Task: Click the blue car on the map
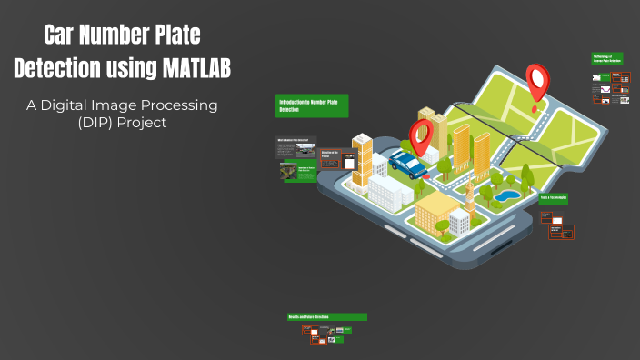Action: [408, 165]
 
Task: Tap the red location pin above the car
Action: [420, 136]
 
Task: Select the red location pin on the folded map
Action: [538, 80]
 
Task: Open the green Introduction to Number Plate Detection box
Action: [313, 106]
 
